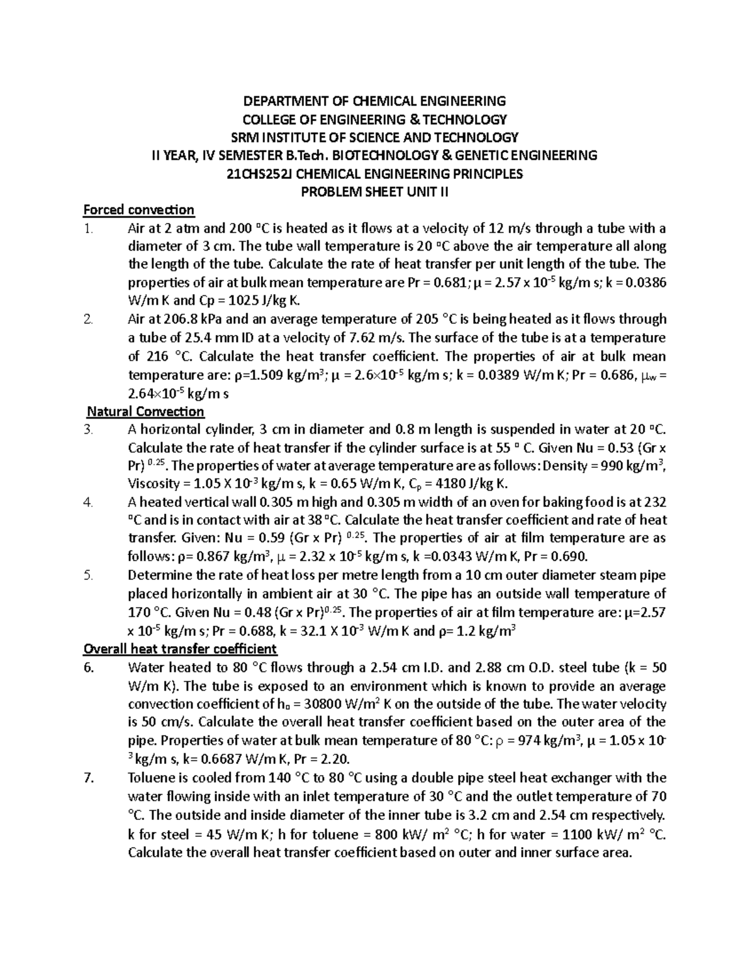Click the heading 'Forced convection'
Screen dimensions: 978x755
click(139, 210)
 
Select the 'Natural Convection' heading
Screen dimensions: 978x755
click(145, 411)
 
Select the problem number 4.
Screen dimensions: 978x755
click(89, 502)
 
